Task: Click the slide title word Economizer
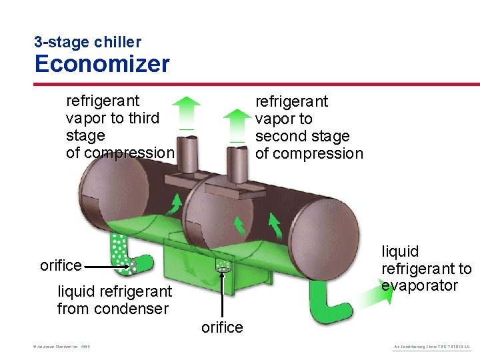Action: (102, 64)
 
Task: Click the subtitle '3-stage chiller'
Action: (87, 42)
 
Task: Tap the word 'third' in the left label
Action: (144, 118)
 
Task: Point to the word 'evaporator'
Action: (419, 286)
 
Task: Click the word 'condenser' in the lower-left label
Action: (139, 309)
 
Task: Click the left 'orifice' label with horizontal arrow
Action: (61, 265)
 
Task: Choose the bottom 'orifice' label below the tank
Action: (222, 327)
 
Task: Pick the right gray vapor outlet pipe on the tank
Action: (237, 167)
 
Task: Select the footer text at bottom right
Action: (433, 348)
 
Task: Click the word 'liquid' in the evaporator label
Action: (400, 251)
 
